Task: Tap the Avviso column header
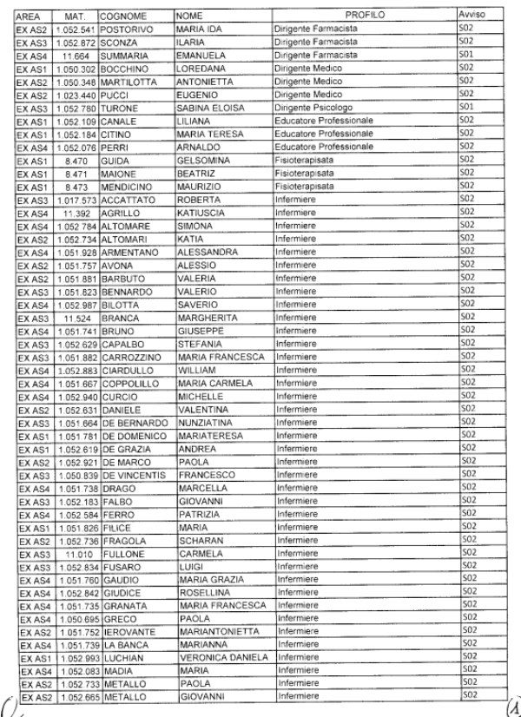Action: (472, 16)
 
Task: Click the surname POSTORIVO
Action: (127, 30)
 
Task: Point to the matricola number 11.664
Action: (76, 56)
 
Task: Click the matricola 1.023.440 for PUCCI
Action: (74, 94)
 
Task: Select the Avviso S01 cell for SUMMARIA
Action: (469, 56)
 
